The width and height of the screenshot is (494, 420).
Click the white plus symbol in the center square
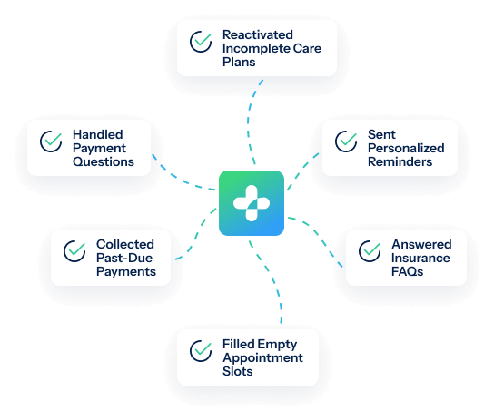pyautogui.click(x=252, y=203)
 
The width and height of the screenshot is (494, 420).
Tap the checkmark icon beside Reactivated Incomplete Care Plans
pyautogui.click(x=201, y=42)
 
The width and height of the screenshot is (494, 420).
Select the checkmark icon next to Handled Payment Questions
pyautogui.click(x=51, y=142)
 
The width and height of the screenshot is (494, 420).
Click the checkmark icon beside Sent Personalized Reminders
pyautogui.click(x=346, y=142)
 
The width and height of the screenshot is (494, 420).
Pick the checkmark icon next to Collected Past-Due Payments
pyautogui.click(x=74, y=251)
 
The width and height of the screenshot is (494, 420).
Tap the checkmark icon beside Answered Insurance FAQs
pyautogui.click(x=370, y=251)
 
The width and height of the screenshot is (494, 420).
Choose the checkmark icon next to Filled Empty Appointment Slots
pyautogui.click(x=201, y=351)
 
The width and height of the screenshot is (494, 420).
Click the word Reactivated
pyautogui.click(x=258, y=34)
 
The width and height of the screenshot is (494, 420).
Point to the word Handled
pyautogui.click(x=98, y=134)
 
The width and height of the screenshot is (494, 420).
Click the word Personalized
pyautogui.click(x=406, y=148)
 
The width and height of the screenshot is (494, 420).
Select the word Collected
pyautogui.click(x=125, y=244)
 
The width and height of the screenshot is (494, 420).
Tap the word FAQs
pyautogui.click(x=408, y=271)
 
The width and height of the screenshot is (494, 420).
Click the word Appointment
pyautogui.click(x=262, y=357)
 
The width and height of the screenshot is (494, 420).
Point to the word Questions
pyautogui.click(x=104, y=161)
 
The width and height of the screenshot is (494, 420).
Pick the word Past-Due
pyautogui.click(x=124, y=258)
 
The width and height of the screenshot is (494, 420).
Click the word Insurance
pyautogui.click(x=420, y=258)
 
